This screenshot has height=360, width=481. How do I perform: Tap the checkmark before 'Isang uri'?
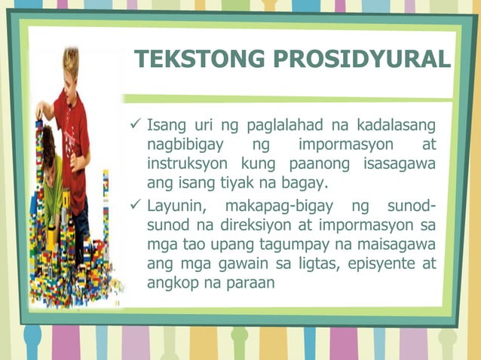click(x=136, y=123)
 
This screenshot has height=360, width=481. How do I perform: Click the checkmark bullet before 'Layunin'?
click(x=136, y=206)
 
